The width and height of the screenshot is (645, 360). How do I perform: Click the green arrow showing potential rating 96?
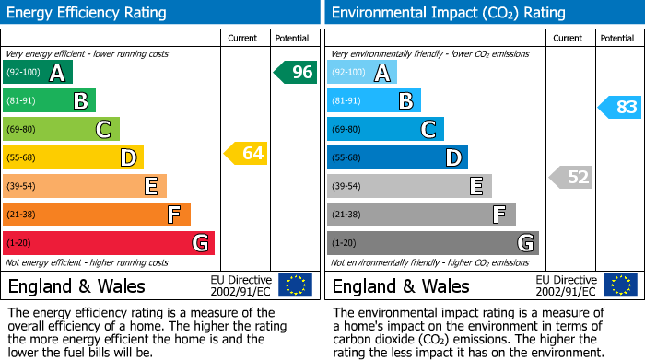pos(296,72)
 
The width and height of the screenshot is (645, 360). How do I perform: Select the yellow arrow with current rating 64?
pos(246,153)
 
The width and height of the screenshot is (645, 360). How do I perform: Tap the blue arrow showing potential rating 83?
pos(620,107)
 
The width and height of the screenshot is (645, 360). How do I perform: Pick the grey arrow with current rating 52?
pos(571,177)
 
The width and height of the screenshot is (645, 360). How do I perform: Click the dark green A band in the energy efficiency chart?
pos(38,73)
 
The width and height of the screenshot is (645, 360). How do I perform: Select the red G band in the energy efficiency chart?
pos(109,243)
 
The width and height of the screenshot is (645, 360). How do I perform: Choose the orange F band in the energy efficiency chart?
pos(97,215)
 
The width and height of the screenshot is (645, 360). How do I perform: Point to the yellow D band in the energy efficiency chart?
pos(73,157)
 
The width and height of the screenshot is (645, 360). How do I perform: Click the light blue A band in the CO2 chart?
pos(362,73)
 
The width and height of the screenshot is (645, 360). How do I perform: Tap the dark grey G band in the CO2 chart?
pos(433,243)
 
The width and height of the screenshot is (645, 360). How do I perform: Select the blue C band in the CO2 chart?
pos(385,129)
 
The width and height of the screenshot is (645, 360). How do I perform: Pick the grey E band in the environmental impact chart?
pos(409,186)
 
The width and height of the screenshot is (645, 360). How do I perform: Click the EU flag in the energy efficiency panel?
pos(296,285)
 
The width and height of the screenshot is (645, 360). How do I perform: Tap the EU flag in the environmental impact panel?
pos(620,285)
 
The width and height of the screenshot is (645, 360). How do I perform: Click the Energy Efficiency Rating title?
pos(88,13)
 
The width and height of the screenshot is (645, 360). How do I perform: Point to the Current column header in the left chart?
pos(242,38)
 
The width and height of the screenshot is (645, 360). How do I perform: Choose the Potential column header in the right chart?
pos(617,38)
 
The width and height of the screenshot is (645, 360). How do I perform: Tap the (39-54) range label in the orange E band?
pos(22,187)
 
